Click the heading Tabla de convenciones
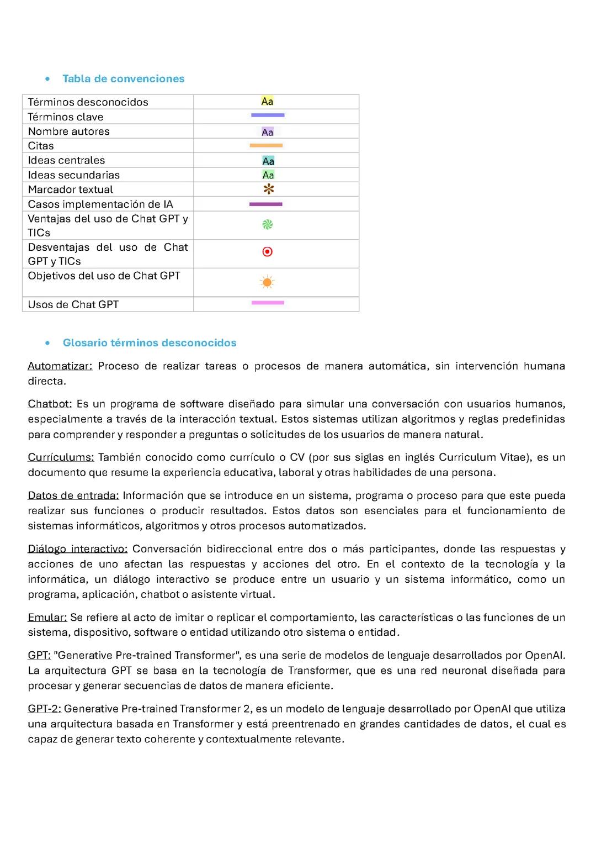[123, 78]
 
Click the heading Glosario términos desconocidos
[149, 342]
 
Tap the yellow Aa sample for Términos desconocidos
[267, 101]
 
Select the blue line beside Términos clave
[268, 115]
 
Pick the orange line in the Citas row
[266, 145]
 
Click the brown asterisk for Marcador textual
[268, 189]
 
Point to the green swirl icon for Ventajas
[267, 224]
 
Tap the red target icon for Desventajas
[267, 252]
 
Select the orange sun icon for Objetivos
[267, 282]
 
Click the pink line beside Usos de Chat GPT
[268, 303]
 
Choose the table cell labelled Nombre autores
[69, 131]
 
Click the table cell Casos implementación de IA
[100, 204]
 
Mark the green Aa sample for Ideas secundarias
[268, 175]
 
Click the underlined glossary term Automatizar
[60, 366]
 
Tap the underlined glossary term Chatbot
[50, 404]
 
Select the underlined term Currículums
[61, 457]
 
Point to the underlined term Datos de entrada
[73, 495]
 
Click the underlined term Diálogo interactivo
[77, 549]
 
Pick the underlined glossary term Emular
[47, 618]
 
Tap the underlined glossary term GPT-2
[44, 709]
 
